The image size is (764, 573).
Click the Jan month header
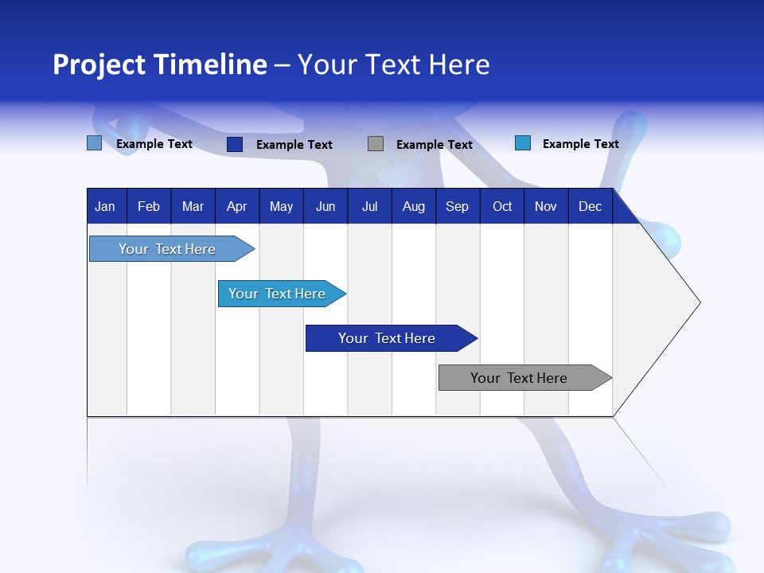pos(105,207)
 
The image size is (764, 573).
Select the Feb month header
pos(149,207)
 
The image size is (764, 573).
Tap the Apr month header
pos(237,207)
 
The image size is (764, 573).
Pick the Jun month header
pos(325,207)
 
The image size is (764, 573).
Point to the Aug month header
pos(414,207)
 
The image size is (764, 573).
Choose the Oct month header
pos(502,207)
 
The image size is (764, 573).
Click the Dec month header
pos(590,207)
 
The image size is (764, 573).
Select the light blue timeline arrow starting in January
pos(172,249)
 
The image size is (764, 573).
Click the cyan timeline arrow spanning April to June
pos(282,294)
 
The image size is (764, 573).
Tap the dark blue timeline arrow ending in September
pos(392,338)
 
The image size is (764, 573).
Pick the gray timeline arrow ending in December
pos(525,377)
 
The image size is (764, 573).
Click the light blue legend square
pos(95,143)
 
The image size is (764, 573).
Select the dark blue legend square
pos(235,144)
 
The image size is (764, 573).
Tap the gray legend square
pos(376,144)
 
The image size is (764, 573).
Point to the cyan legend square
pos(523,142)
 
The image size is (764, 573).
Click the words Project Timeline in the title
pos(160,64)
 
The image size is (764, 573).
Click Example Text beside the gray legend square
pos(435,145)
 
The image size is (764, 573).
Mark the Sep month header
pos(457,207)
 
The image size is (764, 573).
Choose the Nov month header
pos(546,207)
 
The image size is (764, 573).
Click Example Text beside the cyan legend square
pos(581,144)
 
